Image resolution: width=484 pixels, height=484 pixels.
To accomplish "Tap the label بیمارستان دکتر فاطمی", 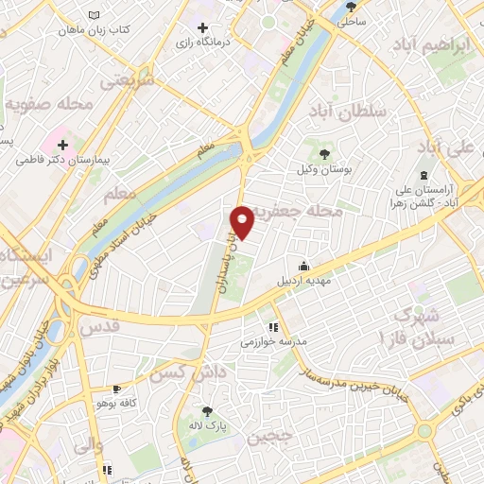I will (63, 161).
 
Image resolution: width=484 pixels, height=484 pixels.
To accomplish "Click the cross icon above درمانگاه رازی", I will (203, 26).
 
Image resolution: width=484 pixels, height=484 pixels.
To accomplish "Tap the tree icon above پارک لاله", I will (207, 411).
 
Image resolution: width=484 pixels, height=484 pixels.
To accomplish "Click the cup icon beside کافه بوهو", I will (116, 389).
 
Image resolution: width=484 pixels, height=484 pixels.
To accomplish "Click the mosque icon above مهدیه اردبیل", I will (302, 266).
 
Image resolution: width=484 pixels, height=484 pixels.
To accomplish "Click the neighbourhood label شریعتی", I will (129, 81).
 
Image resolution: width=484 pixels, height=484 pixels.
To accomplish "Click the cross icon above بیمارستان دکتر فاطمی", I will (63, 145).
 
